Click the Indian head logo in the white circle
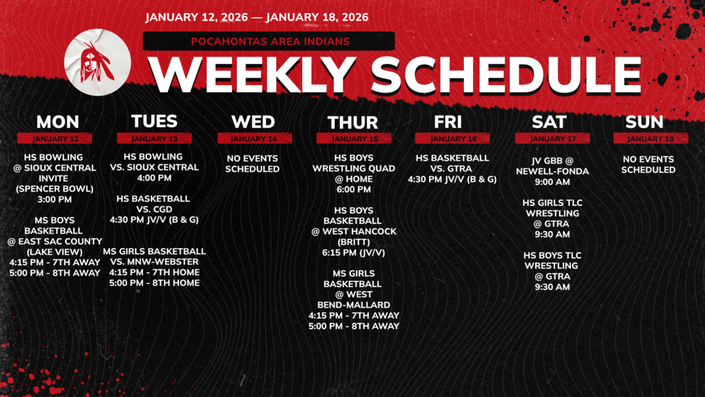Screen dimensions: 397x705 click(97, 62)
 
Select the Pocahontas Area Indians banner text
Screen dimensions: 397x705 click(270, 41)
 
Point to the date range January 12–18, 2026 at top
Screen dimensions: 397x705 click(257, 17)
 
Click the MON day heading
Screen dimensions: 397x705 click(58, 122)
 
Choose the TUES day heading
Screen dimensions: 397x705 click(154, 121)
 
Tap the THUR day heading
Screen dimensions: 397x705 click(353, 123)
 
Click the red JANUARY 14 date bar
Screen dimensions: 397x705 click(253, 139)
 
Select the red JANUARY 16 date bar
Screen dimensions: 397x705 click(453, 139)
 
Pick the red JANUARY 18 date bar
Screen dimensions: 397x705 click(649, 139)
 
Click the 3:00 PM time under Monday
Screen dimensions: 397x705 click(59, 200)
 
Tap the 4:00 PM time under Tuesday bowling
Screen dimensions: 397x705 click(154, 178)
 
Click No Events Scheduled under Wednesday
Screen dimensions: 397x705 click(253, 163)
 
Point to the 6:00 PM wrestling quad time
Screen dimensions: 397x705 click(353, 190)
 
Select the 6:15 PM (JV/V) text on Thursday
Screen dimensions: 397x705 click(353, 253)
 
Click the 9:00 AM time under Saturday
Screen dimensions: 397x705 click(551, 183)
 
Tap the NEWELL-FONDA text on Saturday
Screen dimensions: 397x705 click(551, 172)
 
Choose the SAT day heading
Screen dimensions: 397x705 click(549, 122)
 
